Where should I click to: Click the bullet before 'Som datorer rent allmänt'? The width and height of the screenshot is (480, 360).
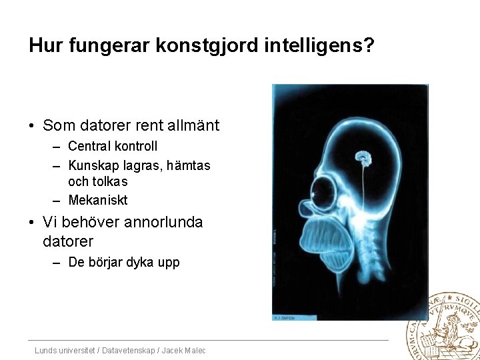32,125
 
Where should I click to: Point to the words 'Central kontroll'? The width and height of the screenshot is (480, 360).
113,146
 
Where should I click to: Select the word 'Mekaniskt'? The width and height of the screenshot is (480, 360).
97,200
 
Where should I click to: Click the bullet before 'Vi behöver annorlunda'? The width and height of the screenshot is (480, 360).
32,222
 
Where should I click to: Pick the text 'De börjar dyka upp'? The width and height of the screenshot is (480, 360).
124,262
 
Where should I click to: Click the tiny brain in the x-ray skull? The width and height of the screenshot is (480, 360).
363,158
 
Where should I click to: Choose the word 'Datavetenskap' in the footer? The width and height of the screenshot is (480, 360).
133,351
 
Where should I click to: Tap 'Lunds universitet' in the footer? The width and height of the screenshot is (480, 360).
64,351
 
